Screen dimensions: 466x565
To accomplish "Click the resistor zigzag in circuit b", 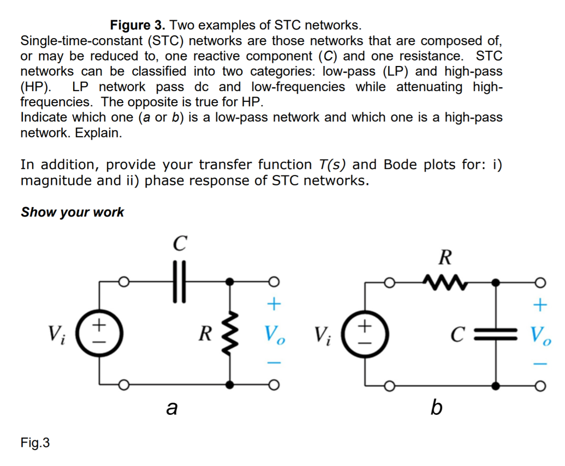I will click(x=444, y=282).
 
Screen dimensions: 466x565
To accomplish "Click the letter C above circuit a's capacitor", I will click(x=180, y=244).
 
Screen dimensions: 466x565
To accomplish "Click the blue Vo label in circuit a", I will click(x=274, y=334).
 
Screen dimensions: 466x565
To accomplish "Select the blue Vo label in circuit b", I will click(x=540, y=334).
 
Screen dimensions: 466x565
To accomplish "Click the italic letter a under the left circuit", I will click(x=172, y=407).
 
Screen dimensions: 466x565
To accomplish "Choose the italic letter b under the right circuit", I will click(x=436, y=407).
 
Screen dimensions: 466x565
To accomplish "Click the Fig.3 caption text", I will click(x=35, y=443).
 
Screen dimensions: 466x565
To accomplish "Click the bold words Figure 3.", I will click(x=138, y=25).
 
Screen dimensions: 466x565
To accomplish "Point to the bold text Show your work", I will click(x=72, y=212).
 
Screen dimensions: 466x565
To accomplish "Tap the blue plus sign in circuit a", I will click(x=275, y=303).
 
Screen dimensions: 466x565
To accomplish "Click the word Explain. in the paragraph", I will click(x=98, y=132).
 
